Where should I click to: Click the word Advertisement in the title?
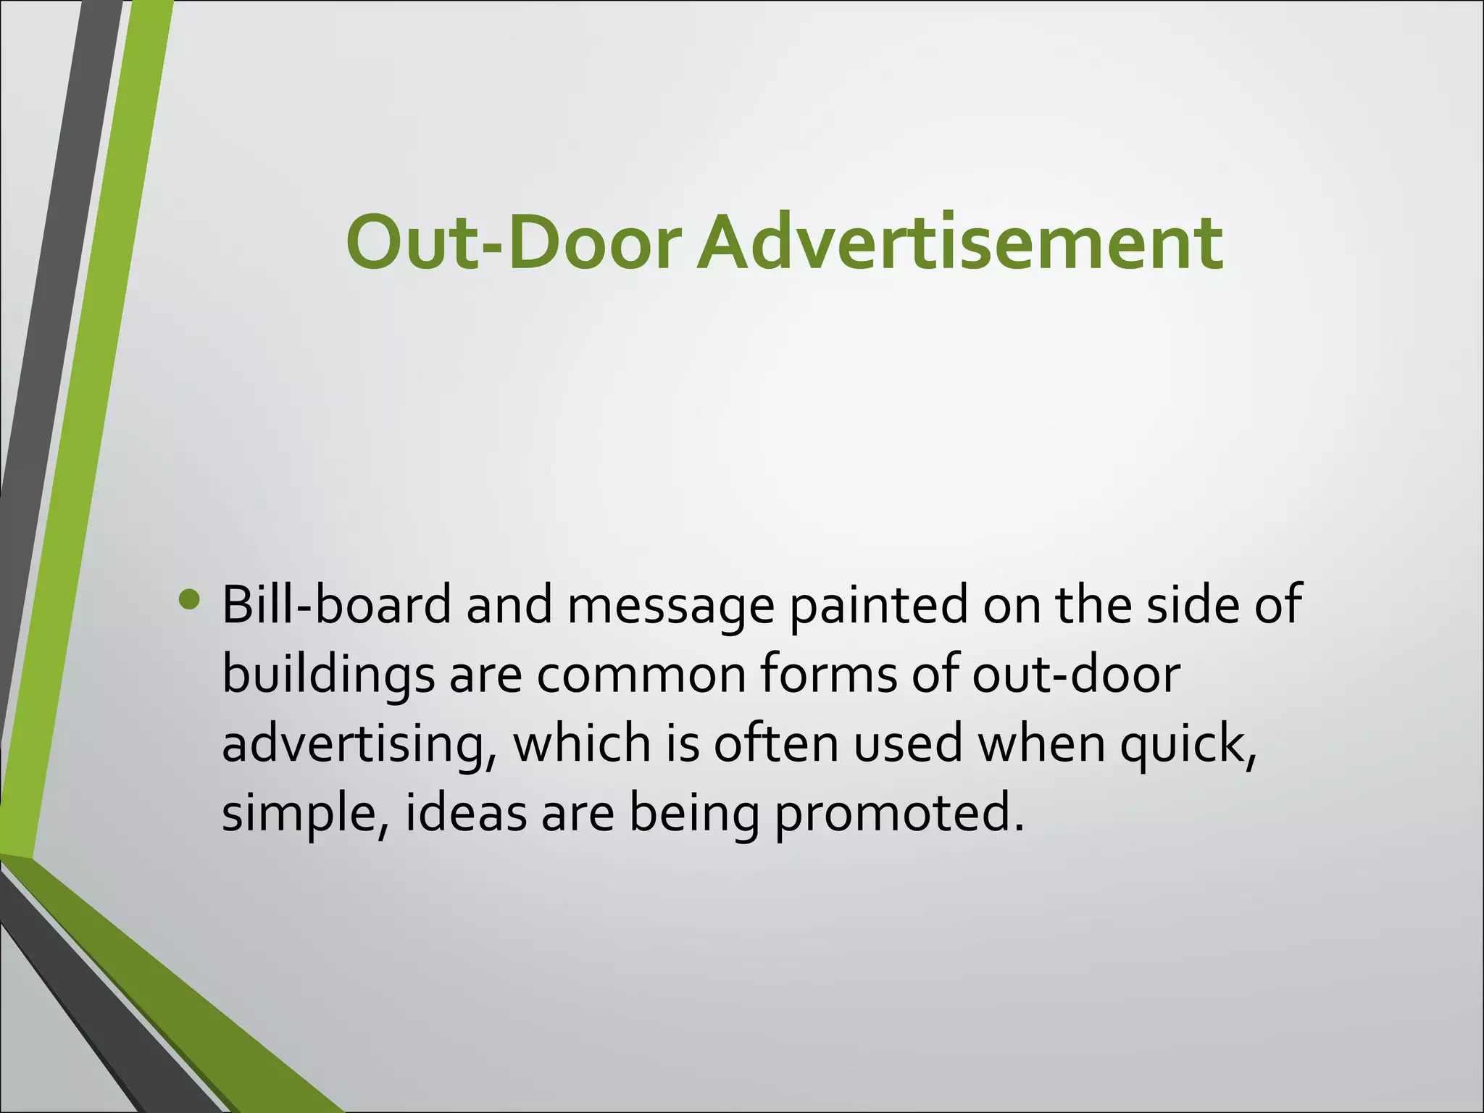click(x=960, y=243)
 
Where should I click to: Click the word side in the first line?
click(x=1192, y=606)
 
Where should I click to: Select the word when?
click(x=1041, y=745)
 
